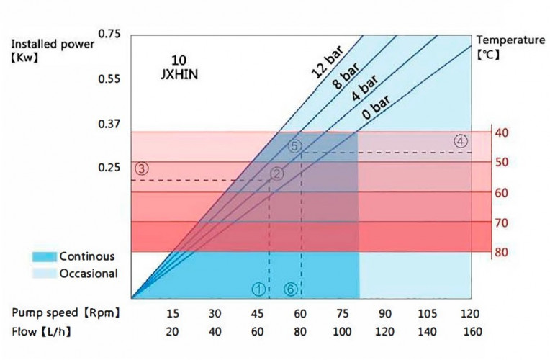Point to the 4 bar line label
point(364,91)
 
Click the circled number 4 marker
point(461,141)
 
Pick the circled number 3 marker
point(141,168)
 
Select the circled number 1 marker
point(258,288)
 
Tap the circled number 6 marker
point(290,288)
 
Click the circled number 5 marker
point(294,145)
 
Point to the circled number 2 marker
point(277,174)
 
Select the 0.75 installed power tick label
point(109,34)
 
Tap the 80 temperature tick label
point(502,253)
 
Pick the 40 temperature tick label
point(502,132)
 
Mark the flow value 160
point(472,332)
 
